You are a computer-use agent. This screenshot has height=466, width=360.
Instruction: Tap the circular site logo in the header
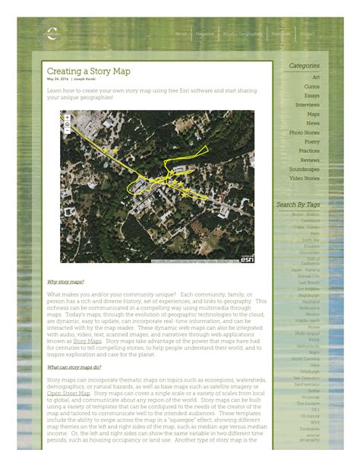click(x=52, y=33)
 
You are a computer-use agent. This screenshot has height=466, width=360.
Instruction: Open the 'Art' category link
click(x=316, y=78)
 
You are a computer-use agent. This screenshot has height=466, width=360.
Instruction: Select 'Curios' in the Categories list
click(x=312, y=87)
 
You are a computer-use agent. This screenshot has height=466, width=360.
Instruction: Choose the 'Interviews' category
click(x=308, y=105)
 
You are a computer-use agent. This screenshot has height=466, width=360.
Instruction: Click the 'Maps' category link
click(x=313, y=114)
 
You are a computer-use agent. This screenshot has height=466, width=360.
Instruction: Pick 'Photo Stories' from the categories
click(x=305, y=133)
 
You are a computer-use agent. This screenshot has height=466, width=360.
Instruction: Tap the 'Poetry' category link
click(x=312, y=142)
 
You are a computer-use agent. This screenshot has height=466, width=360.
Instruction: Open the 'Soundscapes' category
click(x=305, y=170)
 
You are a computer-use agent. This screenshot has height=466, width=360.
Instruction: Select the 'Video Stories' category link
click(x=305, y=179)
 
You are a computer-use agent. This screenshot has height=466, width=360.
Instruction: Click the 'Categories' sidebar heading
click(x=304, y=66)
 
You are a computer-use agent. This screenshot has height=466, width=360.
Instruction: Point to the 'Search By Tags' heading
click(x=298, y=204)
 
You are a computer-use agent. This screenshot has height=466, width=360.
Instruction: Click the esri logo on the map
click(x=247, y=259)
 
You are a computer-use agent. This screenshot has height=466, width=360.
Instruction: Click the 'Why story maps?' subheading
click(x=65, y=281)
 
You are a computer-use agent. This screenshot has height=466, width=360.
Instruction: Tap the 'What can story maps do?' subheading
click(x=74, y=366)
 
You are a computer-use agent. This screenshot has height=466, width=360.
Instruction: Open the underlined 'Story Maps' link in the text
click(x=87, y=341)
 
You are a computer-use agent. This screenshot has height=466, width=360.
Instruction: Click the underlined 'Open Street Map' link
click(x=68, y=393)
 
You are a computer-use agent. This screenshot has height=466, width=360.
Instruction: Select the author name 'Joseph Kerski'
click(x=85, y=79)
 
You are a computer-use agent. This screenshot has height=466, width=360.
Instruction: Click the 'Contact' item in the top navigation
click(x=308, y=34)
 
